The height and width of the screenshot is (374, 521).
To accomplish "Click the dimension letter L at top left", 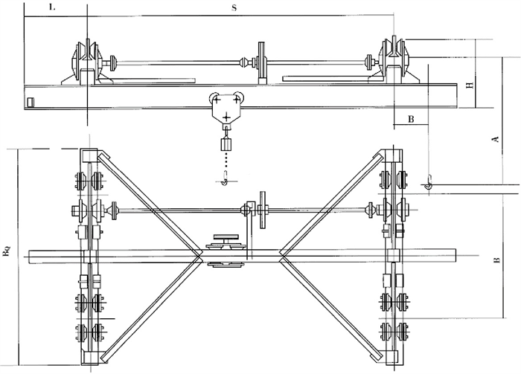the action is click(x=52, y=7).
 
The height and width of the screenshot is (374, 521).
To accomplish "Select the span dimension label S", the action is click(x=234, y=8).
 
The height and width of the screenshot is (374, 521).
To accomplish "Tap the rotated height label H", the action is click(x=470, y=86).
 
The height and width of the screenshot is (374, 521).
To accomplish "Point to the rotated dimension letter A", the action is click(x=496, y=139).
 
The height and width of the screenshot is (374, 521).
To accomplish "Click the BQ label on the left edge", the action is click(x=7, y=251).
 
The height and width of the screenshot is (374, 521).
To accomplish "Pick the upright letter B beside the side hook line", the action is click(x=411, y=119).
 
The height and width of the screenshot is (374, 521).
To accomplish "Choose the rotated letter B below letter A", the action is click(x=497, y=259).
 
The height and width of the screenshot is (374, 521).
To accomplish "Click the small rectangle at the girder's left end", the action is click(x=31, y=102).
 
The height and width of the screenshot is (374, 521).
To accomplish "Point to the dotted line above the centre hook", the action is click(x=226, y=161).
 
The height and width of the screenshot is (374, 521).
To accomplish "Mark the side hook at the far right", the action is click(x=429, y=183).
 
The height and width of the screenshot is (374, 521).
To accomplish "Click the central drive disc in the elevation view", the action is click(x=262, y=63).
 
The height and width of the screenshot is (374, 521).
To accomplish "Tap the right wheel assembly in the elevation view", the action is click(x=394, y=59).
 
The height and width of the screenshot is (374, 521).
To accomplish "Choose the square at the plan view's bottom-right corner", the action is click(x=391, y=358).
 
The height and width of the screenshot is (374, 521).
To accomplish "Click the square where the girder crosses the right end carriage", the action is click(x=394, y=256).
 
